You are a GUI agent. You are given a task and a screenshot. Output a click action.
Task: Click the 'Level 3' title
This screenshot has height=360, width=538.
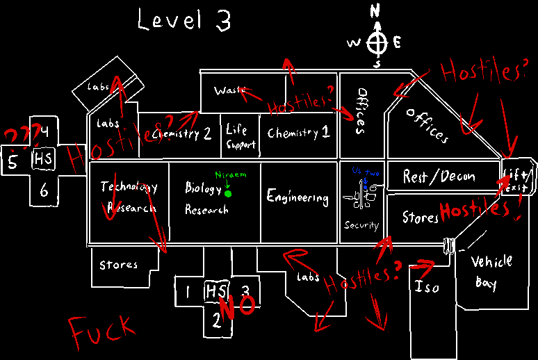pyautogui.click(x=184, y=20)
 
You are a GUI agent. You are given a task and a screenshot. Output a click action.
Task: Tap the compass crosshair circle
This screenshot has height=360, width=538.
pyautogui.click(x=377, y=43)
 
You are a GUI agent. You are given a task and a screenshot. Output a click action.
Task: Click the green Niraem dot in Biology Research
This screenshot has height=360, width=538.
pyautogui.click(x=228, y=193)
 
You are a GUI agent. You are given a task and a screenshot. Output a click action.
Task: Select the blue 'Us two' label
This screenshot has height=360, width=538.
pyautogui.click(x=361, y=170)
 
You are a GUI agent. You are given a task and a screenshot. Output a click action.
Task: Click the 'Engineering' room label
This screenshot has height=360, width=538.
pyautogui.click(x=297, y=197)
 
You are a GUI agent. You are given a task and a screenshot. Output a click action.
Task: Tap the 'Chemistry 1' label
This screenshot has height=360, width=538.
pyautogui.click(x=298, y=133)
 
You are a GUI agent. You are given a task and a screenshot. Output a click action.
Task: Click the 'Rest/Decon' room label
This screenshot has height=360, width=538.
pyautogui.click(x=439, y=177)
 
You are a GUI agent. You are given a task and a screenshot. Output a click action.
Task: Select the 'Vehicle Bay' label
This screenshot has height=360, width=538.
pyautogui.click(x=491, y=271)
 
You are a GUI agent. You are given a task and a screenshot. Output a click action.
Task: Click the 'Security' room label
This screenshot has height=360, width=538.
pyautogui.click(x=361, y=225)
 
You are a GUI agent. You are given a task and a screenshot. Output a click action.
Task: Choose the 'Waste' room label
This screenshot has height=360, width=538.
pyautogui.click(x=227, y=91)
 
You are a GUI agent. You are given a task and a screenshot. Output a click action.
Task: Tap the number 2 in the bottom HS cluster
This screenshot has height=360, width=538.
pyautogui.click(x=216, y=320)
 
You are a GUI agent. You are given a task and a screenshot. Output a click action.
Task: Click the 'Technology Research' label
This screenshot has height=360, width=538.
pyautogui.click(x=128, y=197)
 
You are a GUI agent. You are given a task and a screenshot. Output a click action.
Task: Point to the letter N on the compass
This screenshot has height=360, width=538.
pyautogui.click(x=376, y=11)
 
